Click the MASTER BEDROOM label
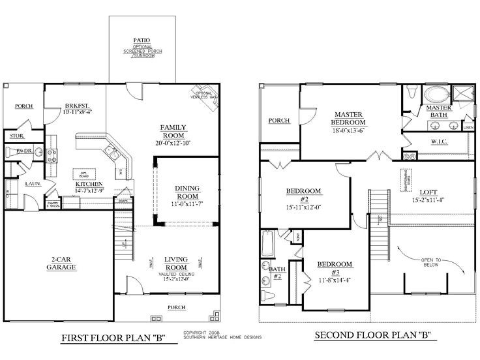349,117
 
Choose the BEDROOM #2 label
304,194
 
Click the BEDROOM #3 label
335,268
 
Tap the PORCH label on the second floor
278,121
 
